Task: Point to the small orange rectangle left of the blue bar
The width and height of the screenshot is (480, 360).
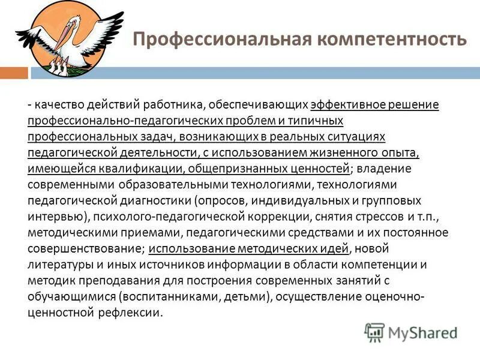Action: coord(14,73)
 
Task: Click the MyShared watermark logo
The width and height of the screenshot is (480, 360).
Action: coord(410,332)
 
